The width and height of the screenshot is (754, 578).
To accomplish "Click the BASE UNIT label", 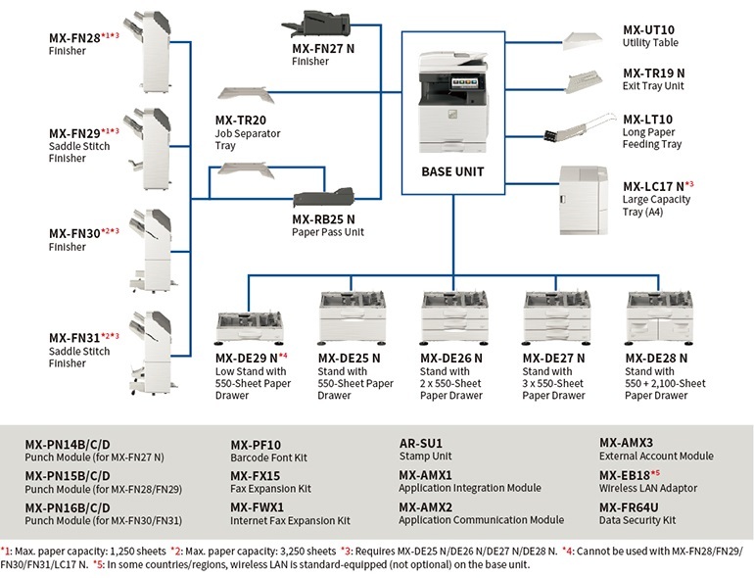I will click(452, 171).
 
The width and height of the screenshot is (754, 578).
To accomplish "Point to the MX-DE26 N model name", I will click(452, 358).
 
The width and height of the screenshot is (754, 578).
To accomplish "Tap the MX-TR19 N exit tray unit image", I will click(589, 81).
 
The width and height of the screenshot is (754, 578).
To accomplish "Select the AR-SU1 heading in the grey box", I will click(421, 443).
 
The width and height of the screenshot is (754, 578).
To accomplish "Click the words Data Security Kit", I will click(636, 519).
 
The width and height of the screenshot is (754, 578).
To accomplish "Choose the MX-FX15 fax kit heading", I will click(256, 475).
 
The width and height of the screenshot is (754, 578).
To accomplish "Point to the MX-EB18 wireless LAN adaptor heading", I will click(633, 475).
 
